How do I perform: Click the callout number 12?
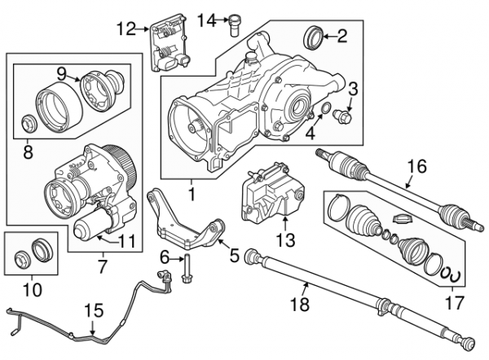click(125, 29)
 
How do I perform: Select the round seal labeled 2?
click(313, 37)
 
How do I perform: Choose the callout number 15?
click(95, 311)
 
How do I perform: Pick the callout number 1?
click(193, 195)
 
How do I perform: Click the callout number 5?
click(234, 257)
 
